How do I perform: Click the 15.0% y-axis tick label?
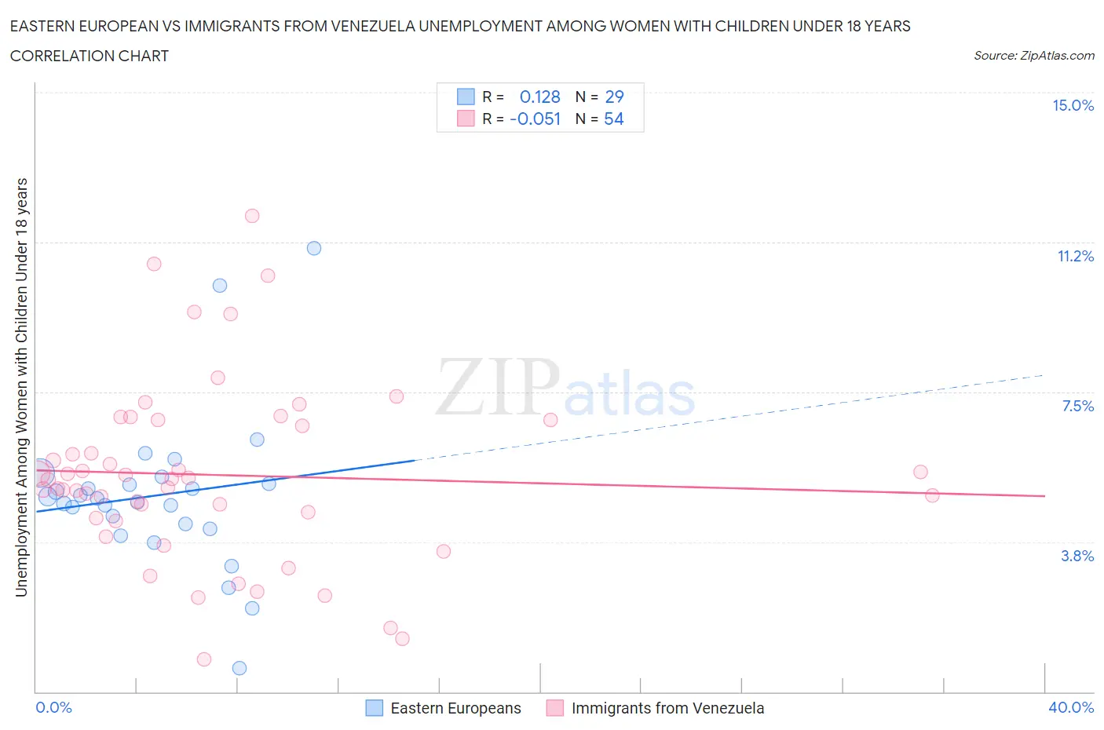1073,106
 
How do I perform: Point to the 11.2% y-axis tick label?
1075,257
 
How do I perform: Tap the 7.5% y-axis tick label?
1077,407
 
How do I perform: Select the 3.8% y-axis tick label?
1077,557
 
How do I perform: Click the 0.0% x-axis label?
53,708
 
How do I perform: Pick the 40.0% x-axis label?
1071,708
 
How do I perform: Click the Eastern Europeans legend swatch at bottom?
375,708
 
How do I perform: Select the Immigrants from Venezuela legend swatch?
555,708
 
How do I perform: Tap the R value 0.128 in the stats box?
540,97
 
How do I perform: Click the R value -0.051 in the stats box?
536,119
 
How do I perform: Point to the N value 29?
614,97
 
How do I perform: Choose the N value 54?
614,119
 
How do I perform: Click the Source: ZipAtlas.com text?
1033,56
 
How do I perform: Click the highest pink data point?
252,216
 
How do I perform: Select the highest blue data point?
314,248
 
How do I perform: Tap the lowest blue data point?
239,668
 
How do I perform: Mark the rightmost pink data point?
932,495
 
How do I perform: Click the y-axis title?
22,387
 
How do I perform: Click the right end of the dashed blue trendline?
1044,375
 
